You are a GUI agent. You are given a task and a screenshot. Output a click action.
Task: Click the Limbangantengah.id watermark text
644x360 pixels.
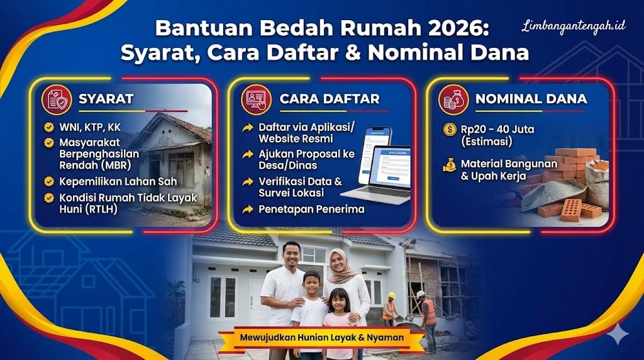573,27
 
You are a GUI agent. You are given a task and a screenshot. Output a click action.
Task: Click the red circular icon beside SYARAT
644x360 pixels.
57,99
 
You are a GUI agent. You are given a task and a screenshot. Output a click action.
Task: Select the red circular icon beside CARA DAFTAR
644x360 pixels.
256,99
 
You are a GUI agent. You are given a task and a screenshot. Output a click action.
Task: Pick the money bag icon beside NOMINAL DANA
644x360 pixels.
453,99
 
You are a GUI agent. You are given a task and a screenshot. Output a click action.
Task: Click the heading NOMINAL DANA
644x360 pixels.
531,99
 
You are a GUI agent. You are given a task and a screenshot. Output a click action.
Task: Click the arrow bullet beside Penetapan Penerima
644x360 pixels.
248,209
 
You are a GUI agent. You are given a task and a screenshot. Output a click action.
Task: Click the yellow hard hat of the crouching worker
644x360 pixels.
391,295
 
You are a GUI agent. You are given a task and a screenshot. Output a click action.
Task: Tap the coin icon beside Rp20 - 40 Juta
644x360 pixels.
450,130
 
